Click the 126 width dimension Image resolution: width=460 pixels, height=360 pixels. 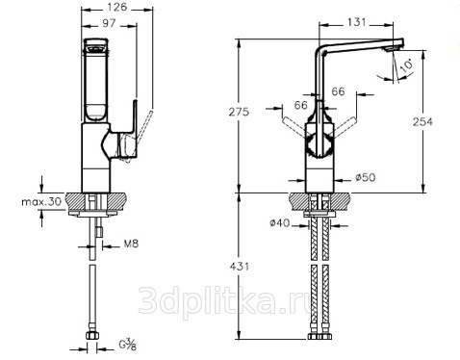[117, 7]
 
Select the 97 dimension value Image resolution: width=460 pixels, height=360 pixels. [109, 23]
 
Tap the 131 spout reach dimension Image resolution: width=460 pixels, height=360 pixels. [356, 22]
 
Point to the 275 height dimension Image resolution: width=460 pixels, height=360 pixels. [239, 112]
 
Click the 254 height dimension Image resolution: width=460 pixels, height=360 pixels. [422, 122]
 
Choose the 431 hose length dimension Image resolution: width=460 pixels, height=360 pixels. [239, 267]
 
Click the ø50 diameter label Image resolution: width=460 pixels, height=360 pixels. [366, 177]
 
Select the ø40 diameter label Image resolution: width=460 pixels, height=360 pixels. [280, 222]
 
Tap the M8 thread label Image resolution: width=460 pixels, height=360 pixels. [131, 244]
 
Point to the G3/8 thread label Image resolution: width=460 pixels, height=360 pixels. [128, 345]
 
